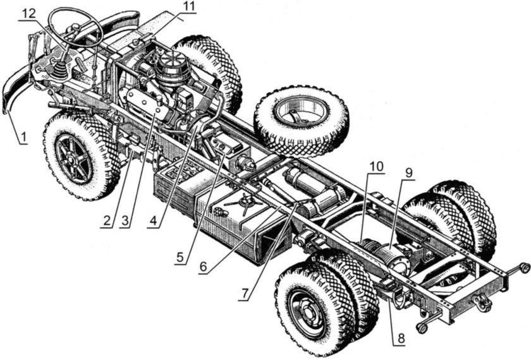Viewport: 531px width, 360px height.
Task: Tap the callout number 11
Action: click(189, 7)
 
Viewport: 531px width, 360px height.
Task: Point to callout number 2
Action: click(107, 221)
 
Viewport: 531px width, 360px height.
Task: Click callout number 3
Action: click(125, 221)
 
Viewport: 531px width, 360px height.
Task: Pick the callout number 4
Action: click(154, 221)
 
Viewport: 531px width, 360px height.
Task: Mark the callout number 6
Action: click(203, 267)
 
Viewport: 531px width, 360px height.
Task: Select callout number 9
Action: click(409, 173)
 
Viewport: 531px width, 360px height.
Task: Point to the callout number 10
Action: click(376, 166)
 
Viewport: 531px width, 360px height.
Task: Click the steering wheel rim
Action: click(76, 28)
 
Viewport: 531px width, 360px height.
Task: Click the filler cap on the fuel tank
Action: click(245, 201)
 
